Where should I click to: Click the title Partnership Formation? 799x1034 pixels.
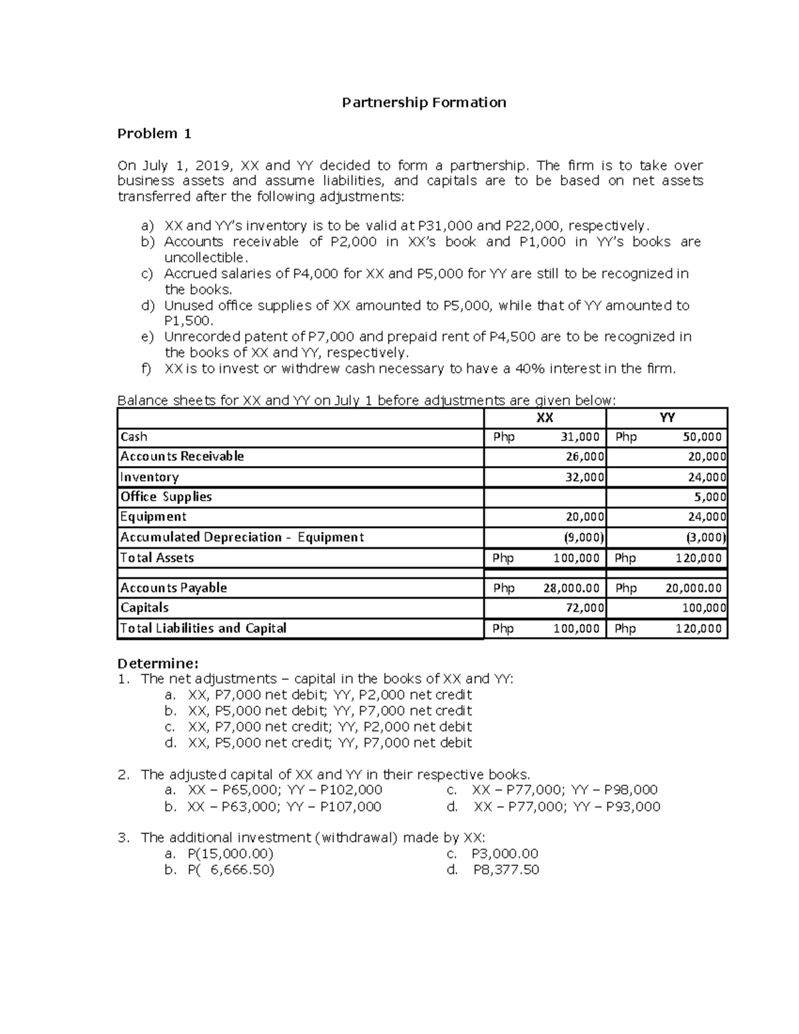[x=423, y=103]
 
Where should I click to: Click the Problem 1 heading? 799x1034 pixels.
[x=154, y=134]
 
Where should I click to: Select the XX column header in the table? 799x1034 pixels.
[x=545, y=417]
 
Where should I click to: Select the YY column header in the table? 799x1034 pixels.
[x=666, y=417]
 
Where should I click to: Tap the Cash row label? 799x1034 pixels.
[x=134, y=437]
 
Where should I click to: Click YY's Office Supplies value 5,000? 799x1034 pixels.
[x=710, y=497]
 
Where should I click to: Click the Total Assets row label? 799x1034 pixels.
[x=157, y=558]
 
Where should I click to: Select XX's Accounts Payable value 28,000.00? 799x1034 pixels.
[x=569, y=589]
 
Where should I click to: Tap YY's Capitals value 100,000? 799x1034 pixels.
[x=704, y=608]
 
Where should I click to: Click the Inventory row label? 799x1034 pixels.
[x=149, y=477]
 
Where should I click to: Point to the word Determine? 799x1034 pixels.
[x=158, y=664]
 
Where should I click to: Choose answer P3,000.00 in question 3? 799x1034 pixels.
[x=504, y=854]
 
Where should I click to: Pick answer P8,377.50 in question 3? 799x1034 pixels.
[x=505, y=870]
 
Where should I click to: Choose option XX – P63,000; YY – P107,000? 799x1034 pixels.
[x=284, y=807]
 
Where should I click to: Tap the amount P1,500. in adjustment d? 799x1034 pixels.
[x=189, y=321]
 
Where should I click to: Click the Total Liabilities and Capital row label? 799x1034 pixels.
[x=203, y=629]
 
